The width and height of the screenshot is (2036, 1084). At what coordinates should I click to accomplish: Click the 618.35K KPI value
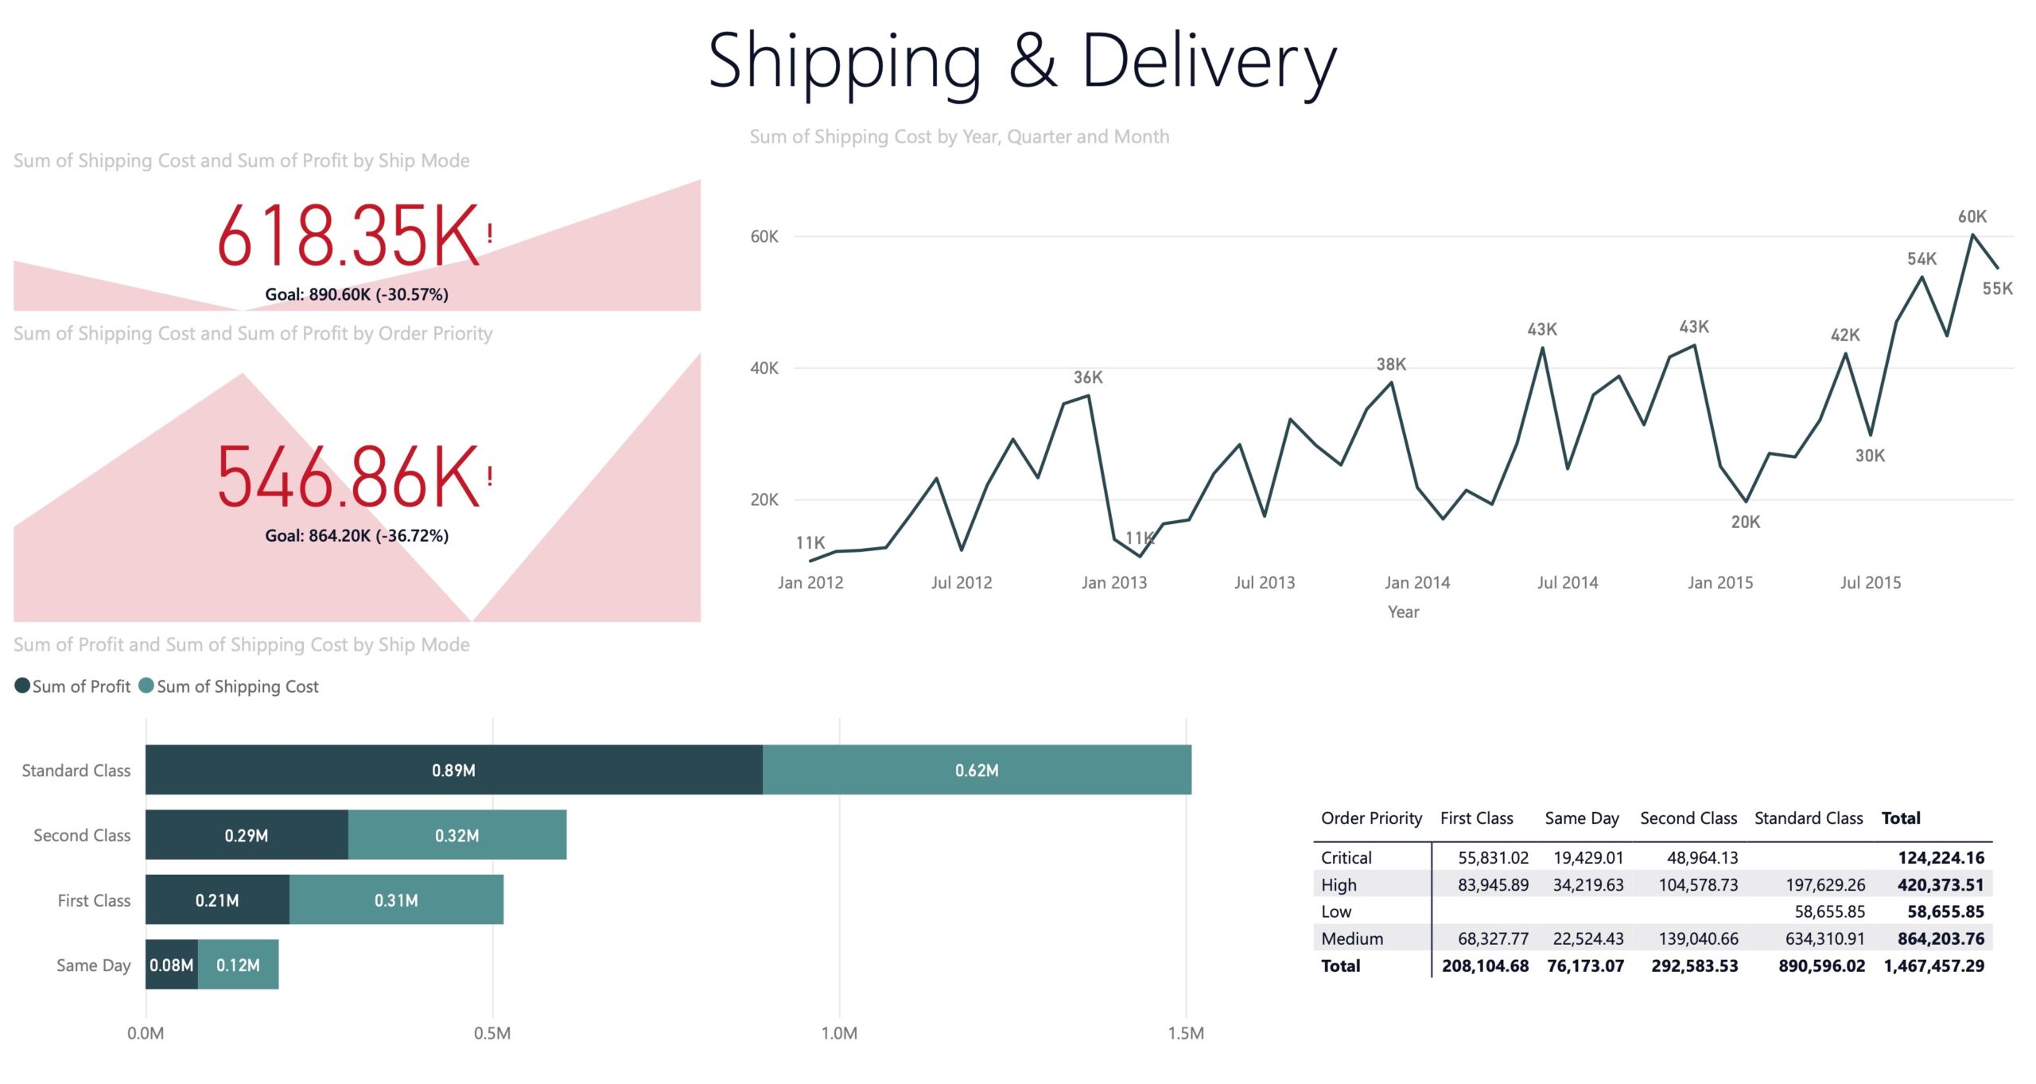[x=348, y=235]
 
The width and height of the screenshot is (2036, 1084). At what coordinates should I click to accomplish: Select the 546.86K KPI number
[x=348, y=477]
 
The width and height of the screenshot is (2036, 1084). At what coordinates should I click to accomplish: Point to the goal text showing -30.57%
[x=356, y=294]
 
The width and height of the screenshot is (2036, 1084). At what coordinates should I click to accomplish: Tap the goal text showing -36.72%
[x=356, y=535]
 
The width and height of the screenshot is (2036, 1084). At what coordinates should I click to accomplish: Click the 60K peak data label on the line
[x=1972, y=216]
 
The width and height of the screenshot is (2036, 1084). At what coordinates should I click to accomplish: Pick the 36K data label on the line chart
[x=1088, y=377]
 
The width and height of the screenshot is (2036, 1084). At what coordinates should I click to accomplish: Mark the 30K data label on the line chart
[x=1870, y=456]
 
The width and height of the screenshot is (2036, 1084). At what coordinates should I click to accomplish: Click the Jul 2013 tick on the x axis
[x=1264, y=582]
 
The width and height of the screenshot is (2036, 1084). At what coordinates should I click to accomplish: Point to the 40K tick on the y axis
[x=764, y=367]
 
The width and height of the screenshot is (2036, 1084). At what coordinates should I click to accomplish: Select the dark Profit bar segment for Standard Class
[x=454, y=770]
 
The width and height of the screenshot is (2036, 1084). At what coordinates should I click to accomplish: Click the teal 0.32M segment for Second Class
[x=457, y=835]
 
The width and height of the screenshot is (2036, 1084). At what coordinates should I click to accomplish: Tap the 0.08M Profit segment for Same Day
[x=172, y=965]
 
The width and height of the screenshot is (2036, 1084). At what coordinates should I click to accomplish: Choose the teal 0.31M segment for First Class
[x=396, y=900]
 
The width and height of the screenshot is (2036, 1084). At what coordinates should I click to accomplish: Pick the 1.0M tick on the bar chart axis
[x=839, y=1033]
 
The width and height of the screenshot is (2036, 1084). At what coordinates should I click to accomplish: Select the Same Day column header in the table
[x=1582, y=818]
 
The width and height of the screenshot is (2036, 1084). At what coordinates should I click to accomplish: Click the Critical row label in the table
[x=1346, y=857]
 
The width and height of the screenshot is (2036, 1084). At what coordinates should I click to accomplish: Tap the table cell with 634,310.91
[x=1825, y=938]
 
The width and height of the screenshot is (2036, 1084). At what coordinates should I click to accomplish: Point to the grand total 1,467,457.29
[x=1934, y=965]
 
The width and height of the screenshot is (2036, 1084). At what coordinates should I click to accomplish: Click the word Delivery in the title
[x=1210, y=61]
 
